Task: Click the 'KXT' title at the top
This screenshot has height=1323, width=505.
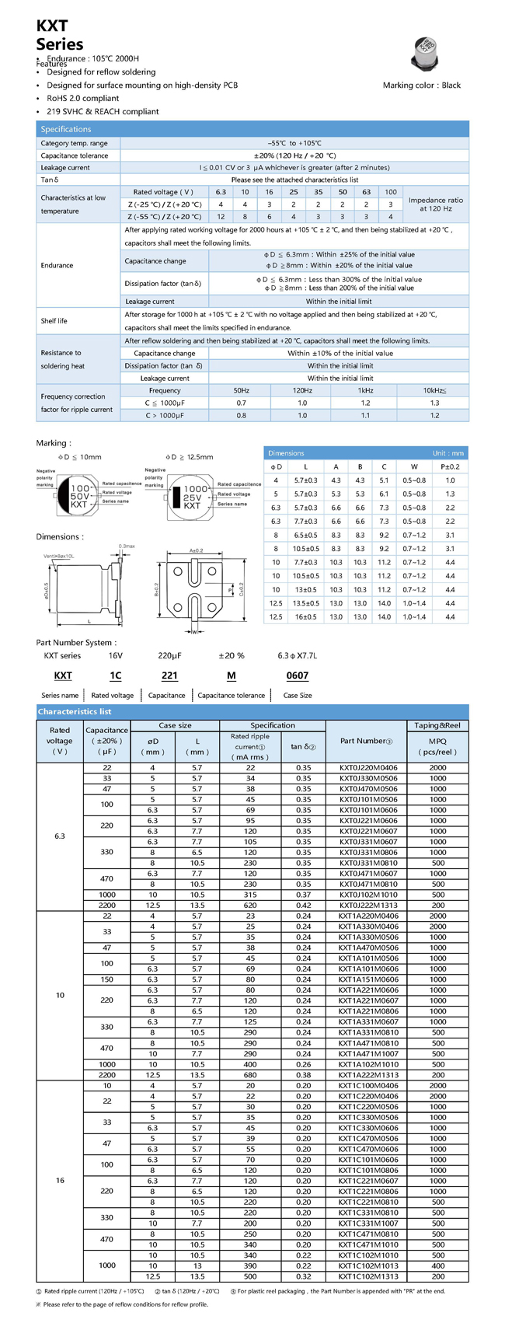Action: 51,26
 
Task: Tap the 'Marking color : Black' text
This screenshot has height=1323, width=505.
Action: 421,86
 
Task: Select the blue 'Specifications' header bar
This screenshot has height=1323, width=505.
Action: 252,129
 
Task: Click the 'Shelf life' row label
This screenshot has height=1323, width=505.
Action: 54,321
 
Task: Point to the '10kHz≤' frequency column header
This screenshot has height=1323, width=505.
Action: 434,390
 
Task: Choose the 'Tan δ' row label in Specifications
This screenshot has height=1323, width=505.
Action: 50,180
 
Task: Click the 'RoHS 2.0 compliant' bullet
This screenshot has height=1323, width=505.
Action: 82,99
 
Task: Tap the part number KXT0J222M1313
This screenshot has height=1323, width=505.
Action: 367,905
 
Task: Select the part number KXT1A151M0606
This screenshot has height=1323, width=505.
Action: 367,979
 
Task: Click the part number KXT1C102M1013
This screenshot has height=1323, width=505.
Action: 367,1265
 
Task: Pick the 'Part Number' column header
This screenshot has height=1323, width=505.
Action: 366,741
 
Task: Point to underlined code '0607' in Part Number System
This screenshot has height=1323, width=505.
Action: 297,675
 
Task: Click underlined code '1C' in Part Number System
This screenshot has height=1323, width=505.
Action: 115,675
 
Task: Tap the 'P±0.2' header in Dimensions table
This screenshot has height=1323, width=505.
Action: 450,466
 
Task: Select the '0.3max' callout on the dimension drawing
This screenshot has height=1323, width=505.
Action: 127,546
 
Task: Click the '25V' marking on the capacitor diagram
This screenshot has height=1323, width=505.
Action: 192,497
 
